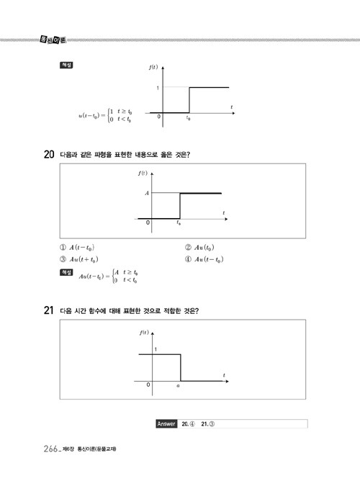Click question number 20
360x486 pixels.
[x=49, y=154]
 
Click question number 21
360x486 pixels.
[x=49, y=310]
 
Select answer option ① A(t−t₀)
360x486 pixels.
[x=77, y=248]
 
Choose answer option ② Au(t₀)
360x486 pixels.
[x=199, y=248]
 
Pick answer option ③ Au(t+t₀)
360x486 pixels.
[x=79, y=259]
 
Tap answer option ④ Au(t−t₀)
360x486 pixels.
[x=204, y=259]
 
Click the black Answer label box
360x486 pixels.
[x=166, y=423]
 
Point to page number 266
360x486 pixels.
[x=51, y=449]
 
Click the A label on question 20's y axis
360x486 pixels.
[x=147, y=193]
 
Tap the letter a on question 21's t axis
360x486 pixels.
[x=178, y=386]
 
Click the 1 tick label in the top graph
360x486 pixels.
[x=158, y=88]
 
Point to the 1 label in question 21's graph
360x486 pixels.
[x=156, y=349]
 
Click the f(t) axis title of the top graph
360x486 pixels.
[x=153, y=67]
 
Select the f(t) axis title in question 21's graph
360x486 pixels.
[x=144, y=332]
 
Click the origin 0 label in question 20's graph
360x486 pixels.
[x=148, y=222]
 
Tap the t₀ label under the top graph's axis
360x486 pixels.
[x=188, y=118]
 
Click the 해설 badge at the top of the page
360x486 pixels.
[x=66, y=65]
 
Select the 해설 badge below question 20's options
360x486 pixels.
[x=66, y=272]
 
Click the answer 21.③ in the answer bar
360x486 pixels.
[x=208, y=423]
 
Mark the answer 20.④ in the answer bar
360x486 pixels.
[x=188, y=423]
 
